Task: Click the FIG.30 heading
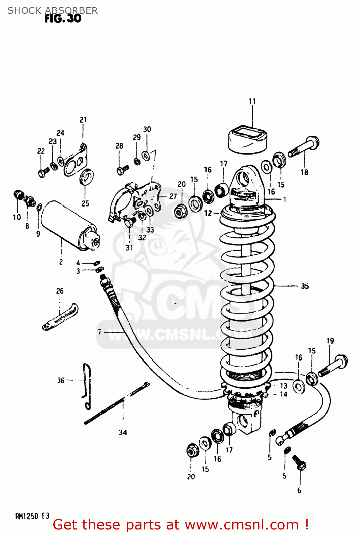[x=63, y=18]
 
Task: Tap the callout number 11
[x=252, y=101]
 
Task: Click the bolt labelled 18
[x=304, y=146]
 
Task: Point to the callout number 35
[x=305, y=286]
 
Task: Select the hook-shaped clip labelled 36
[x=86, y=386]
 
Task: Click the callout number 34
[x=123, y=432]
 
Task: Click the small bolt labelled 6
[x=299, y=462]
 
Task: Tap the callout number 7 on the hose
[x=100, y=332]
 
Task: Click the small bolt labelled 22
[x=43, y=173]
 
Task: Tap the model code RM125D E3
[x=32, y=516]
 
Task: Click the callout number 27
[x=173, y=196]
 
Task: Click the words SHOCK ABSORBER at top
[x=53, y=11]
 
